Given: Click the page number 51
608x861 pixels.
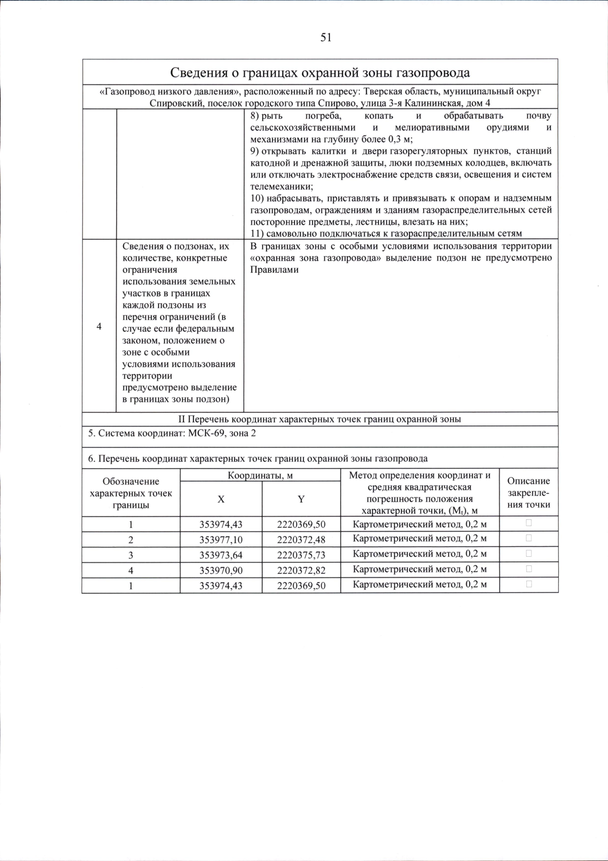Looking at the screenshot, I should click(x=326, y=38).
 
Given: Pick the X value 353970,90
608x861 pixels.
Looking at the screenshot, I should click(x=221, y=570).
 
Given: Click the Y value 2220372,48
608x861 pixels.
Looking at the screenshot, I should click(x=301, y=540).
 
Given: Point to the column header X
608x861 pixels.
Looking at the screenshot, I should click(x=221, y=499).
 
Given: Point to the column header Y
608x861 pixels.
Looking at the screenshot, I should click(x=301, y=499).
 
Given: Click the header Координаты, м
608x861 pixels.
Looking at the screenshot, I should click(x=260, y=476).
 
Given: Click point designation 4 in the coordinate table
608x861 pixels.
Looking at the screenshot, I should click(x=131, y=570).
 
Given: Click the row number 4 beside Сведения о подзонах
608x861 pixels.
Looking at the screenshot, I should click(x=99, y=327).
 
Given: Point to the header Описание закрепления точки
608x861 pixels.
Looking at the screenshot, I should click(x=528, y=492).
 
